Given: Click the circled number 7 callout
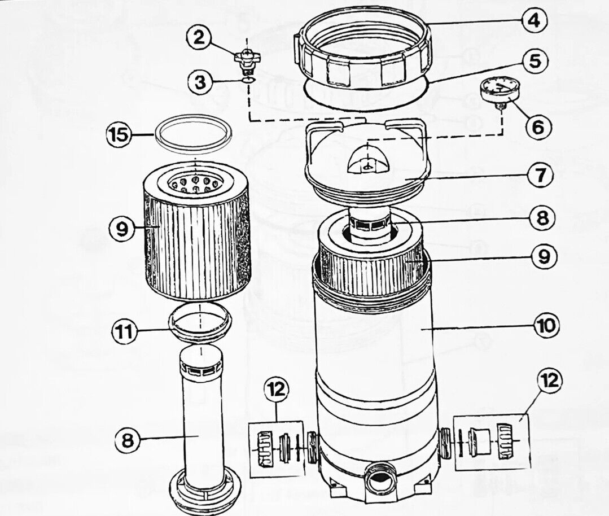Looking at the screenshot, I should (x=540, y=175).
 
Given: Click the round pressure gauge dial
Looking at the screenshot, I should (x=500, y=89).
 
